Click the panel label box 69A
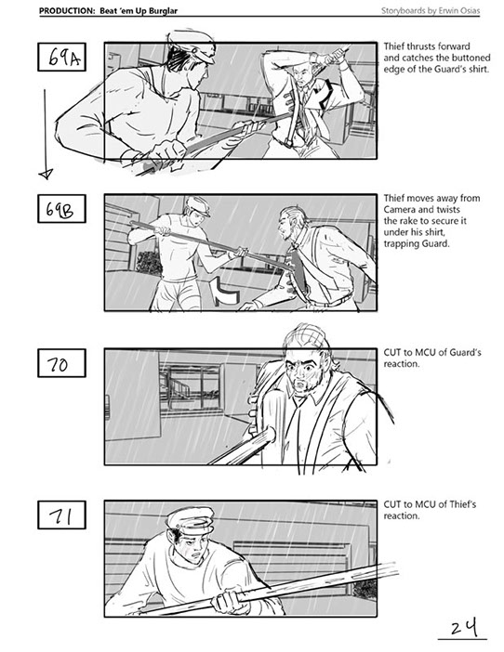[x=61, y=57]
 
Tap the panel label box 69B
[x=61, y=209]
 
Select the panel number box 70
[x=61, y=363]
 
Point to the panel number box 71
[x=61, y=515]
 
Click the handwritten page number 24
[x=463, y=627]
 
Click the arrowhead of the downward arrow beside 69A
[x=46, y=174]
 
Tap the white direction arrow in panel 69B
[x=224, y=292]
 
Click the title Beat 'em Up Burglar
[x=139, y=11]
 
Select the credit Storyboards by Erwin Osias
[x=431, y=11]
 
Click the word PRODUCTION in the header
[x=67, y=11]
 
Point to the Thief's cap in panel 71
[x=191, y=520]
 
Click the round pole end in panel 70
[x=269, y=436]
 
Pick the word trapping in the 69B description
[x=398, y=243]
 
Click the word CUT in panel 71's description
[x=391, y=504]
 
